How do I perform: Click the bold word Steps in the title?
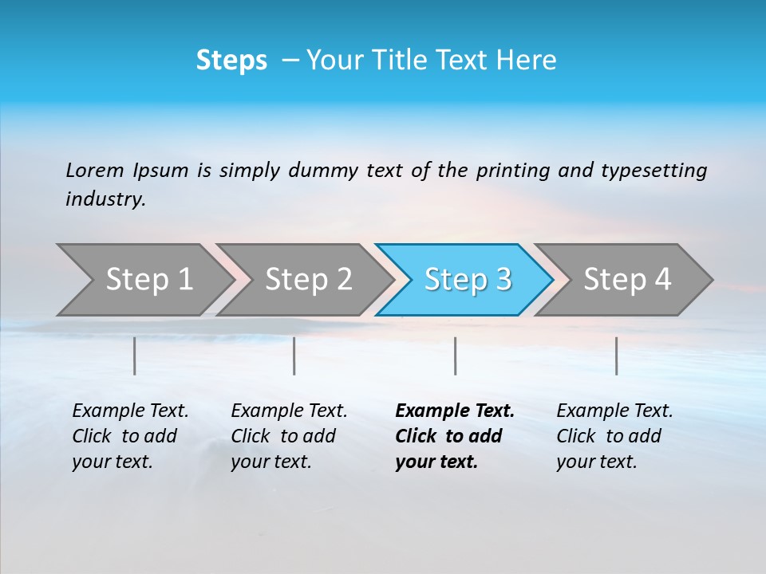click(x=231, y=61)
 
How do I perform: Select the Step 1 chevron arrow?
click(x=144, y=280)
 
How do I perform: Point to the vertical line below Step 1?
click(x=135, y=356)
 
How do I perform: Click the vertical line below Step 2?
click(x=294, y=356)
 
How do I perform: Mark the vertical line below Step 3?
click(x=456, y=356)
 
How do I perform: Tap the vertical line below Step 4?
click(x=617, y=356)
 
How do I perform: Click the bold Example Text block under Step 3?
click(x=454, y=436)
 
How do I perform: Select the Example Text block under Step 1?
click(x=130, y=436)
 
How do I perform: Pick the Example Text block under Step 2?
click(x=289, y=436)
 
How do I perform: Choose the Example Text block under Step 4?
click(x=614, y=436)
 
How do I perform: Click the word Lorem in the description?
click(x=95, y=170)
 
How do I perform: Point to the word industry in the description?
click(x=105, y=199)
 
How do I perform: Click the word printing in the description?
click(x=513, y=170)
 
